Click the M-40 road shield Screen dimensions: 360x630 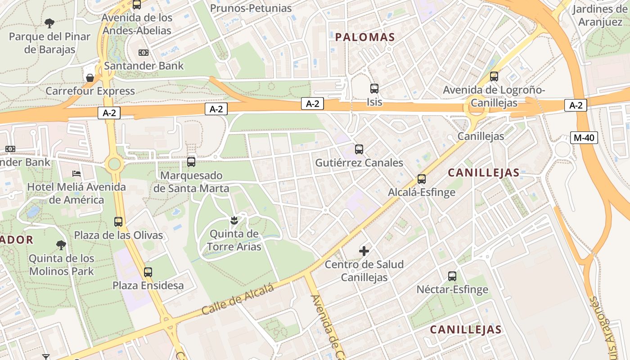(584, 138)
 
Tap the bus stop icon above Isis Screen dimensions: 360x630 (374, 88)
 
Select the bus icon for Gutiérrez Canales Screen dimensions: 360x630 (359, 149)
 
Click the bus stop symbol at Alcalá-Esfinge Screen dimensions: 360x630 (421, 179)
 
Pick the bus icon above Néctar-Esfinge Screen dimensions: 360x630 (452, 276)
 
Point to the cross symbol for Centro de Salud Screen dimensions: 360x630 (364, 251)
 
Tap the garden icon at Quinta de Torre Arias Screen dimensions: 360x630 (234, 220)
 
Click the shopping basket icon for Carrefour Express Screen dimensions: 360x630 (90, 77)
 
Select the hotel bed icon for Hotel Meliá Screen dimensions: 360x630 (76, 173)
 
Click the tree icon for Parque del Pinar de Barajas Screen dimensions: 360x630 (49, 23)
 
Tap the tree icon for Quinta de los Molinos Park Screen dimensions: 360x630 (61, 245)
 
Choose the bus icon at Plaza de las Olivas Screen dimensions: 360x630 (118, 221)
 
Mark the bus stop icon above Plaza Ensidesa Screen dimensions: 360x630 (148, 272)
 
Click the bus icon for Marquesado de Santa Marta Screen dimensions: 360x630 (191, 162)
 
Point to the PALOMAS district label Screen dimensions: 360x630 (365, 37)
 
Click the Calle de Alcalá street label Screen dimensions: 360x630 (238, 300)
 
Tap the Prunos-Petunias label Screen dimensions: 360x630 (251, 8)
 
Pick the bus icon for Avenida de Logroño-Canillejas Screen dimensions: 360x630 (494, 76)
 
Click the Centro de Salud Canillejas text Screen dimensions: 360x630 (364, 271)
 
